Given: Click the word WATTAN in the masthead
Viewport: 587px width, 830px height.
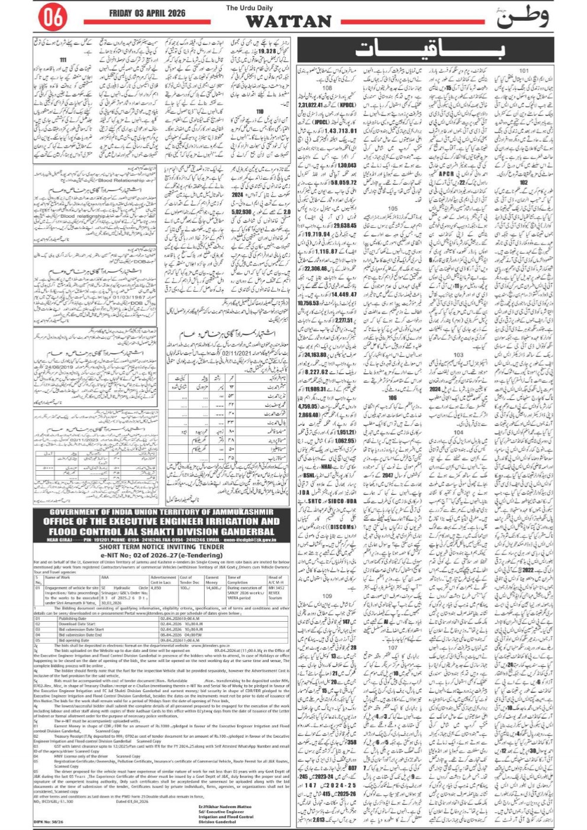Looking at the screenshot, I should tap(288, 21).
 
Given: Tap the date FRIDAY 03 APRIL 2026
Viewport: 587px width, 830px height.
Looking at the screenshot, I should tap(147, 13).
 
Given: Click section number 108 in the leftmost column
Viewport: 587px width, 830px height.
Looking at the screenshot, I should tap(327, 89).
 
